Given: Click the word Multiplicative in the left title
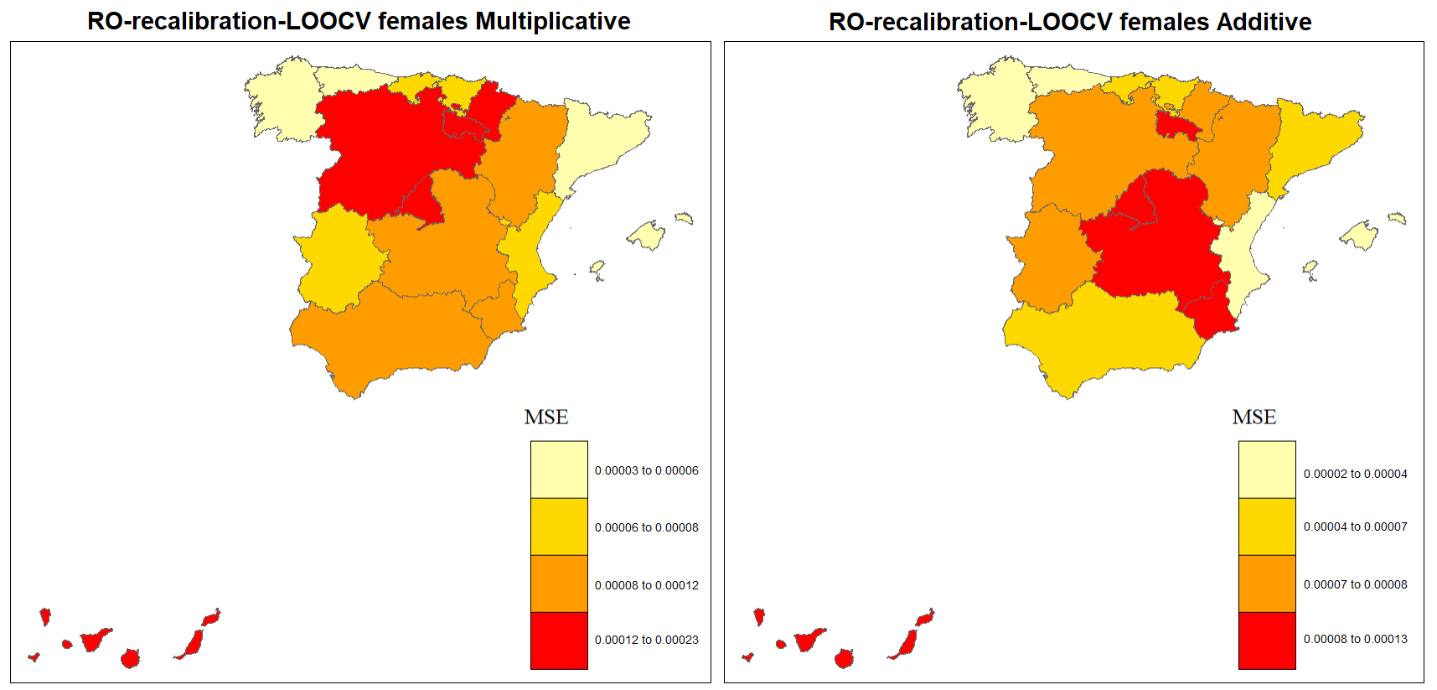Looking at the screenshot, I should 552,21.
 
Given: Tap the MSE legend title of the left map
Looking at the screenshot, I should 546,418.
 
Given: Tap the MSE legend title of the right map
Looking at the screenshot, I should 1254,418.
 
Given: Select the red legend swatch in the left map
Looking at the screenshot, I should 559,641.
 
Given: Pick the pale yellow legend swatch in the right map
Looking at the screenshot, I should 1267,470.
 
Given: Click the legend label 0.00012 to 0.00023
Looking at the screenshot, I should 646,640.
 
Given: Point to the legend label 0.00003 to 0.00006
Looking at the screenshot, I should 646,470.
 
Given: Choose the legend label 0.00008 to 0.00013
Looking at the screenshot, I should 1355,639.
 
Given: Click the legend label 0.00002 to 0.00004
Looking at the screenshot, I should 1355,474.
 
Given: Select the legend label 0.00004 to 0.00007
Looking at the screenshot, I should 1355,527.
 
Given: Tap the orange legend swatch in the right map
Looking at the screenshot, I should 1267,584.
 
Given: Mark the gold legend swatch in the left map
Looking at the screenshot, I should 559,527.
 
